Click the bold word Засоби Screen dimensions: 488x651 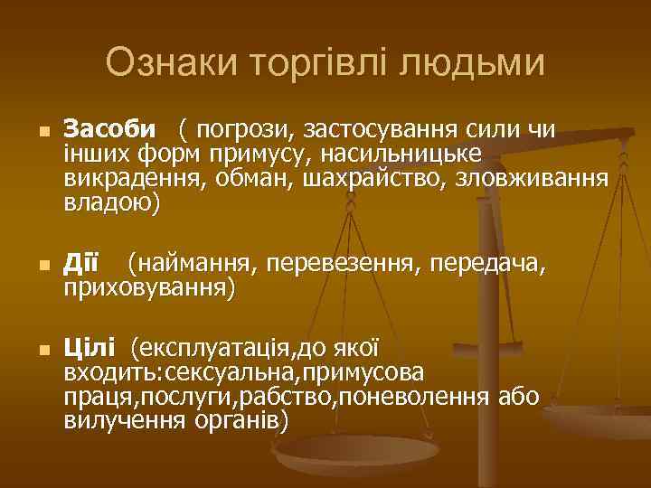(109, 131)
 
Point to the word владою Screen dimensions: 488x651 (108, 204)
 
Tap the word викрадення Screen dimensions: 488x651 (135, 180)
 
